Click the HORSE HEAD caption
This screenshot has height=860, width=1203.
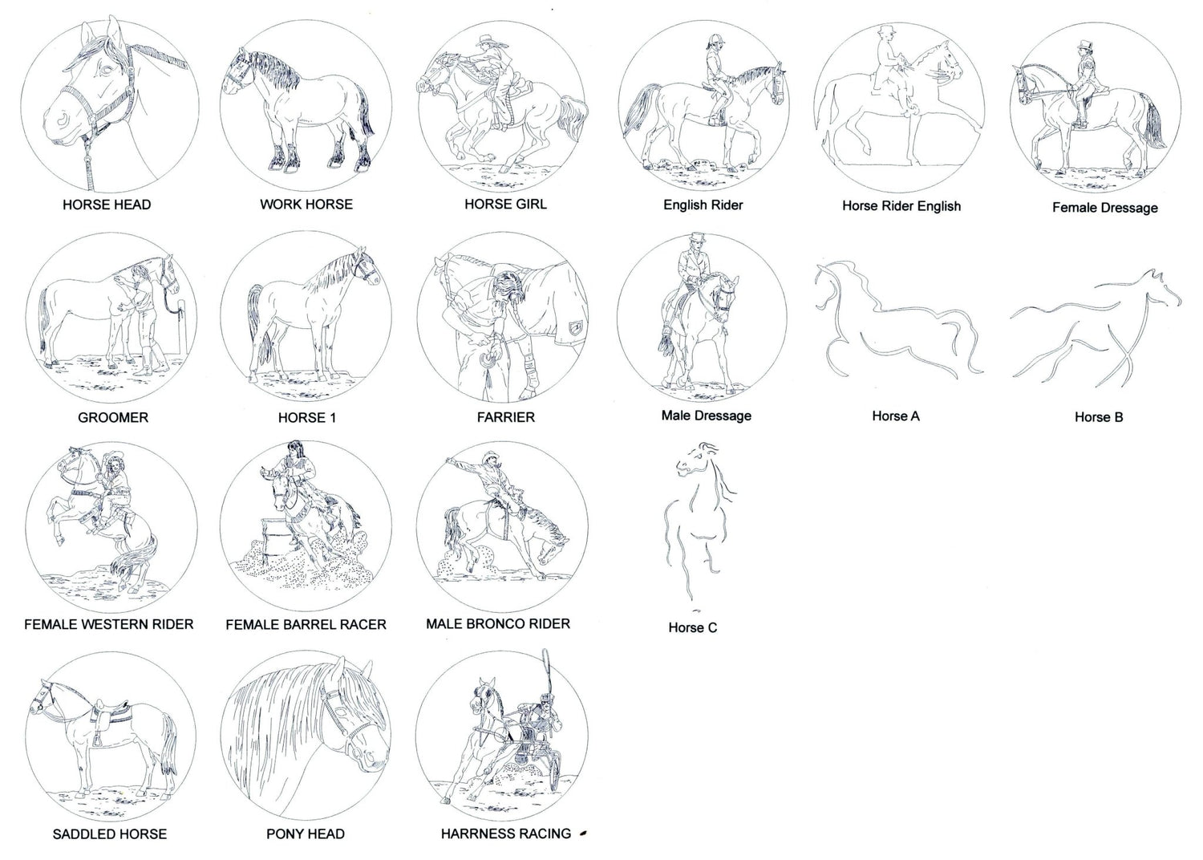(x=107, y=205)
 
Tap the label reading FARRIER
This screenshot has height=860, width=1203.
(x=506, y=417)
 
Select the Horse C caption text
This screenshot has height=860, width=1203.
(x=693, y=627)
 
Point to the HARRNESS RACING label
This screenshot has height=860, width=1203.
(x=506, y=834)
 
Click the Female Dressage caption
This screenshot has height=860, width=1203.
(x=1104, y=208)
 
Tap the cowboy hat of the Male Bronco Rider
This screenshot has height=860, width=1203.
(x=491, y=456)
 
